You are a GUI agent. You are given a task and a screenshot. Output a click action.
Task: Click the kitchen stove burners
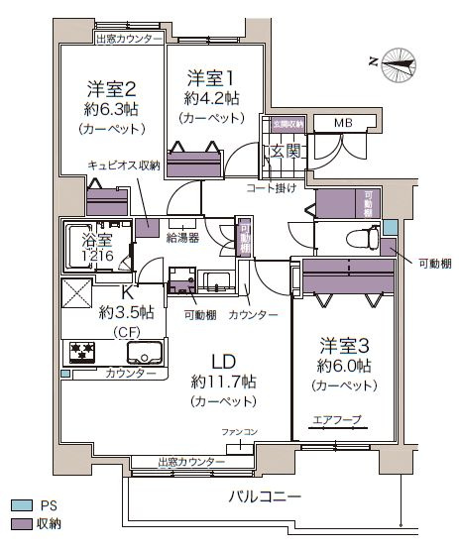point(81,351)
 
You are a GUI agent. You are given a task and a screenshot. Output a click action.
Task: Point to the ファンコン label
point(238,433)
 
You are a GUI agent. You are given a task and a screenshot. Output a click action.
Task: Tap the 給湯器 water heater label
point(182,238)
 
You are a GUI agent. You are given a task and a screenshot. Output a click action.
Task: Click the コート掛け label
point(271,187)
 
